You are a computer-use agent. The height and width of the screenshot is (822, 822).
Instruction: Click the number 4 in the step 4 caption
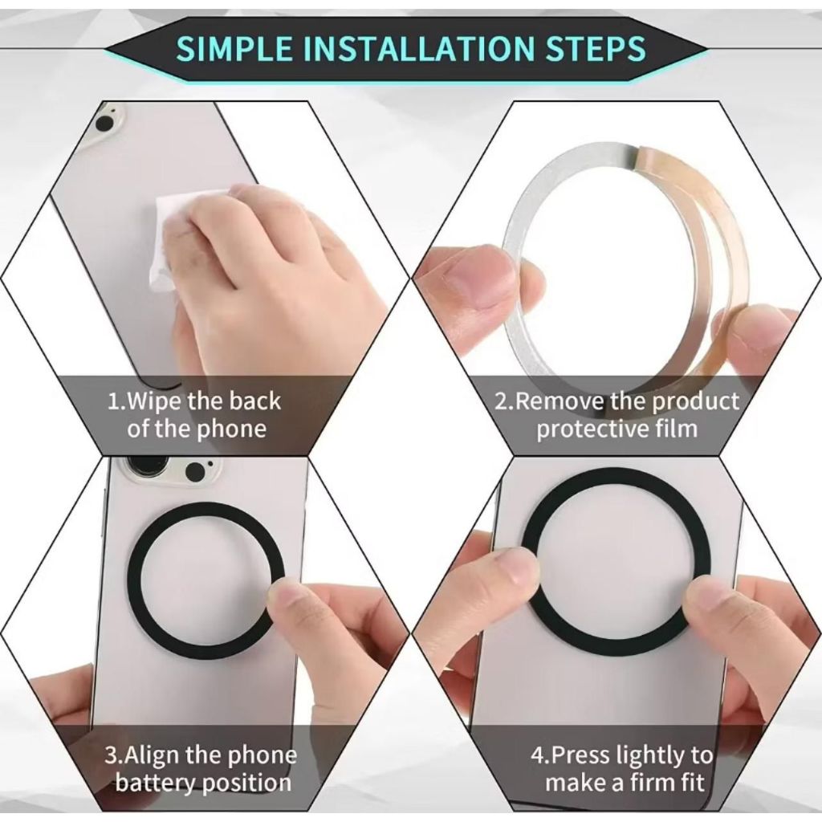click(x=537, y=755)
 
